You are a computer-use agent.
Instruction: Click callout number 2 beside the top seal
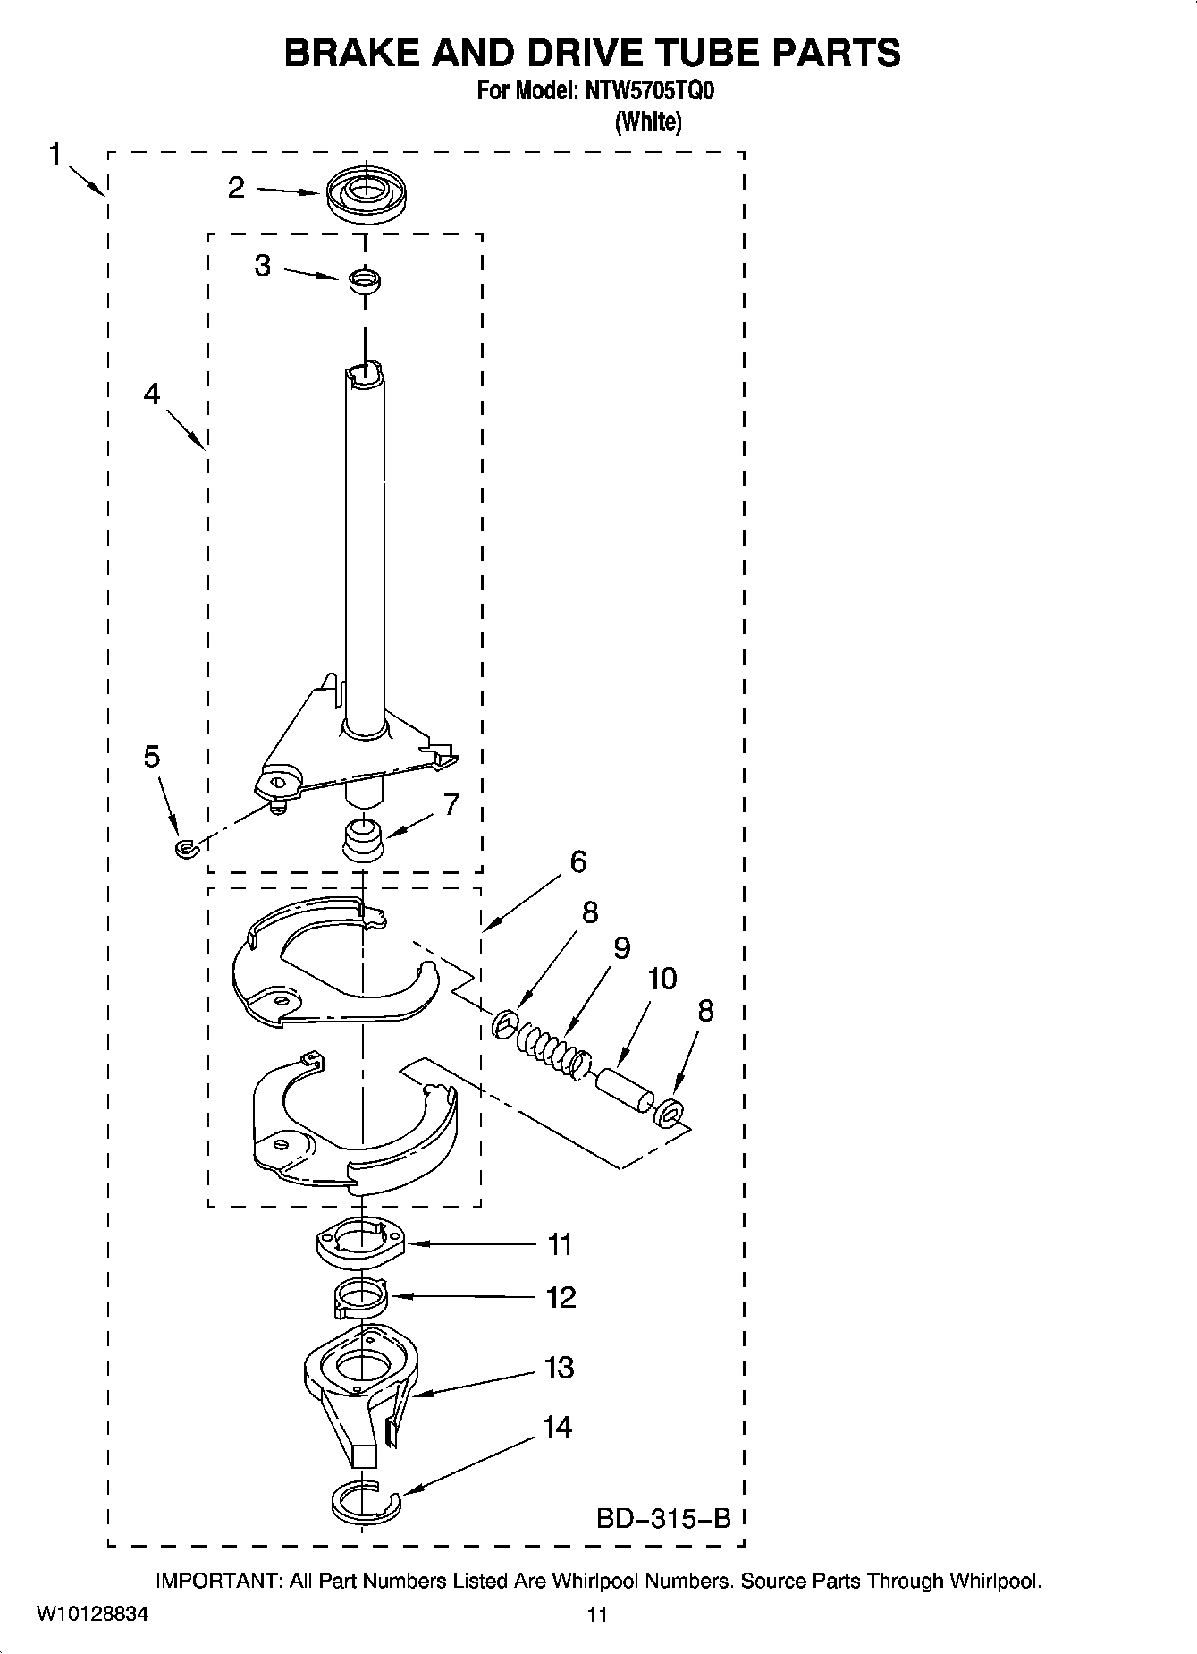pos(236,188)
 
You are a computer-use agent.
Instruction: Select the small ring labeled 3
pos(364,281)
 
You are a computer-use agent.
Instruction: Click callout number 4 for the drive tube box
pos(152,394)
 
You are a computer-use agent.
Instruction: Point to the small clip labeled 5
pos(185,846)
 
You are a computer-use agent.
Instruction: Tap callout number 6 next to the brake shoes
pos(578,862)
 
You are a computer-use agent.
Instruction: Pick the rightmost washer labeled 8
pos(669,1114)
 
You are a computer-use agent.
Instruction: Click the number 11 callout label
pos(560,1244)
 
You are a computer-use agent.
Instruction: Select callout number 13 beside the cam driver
pos(559,1368)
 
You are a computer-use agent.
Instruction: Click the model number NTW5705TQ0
pos(649,91)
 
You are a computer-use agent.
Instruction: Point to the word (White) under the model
pos(648,122)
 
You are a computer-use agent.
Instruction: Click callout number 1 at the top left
pos(55,155)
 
